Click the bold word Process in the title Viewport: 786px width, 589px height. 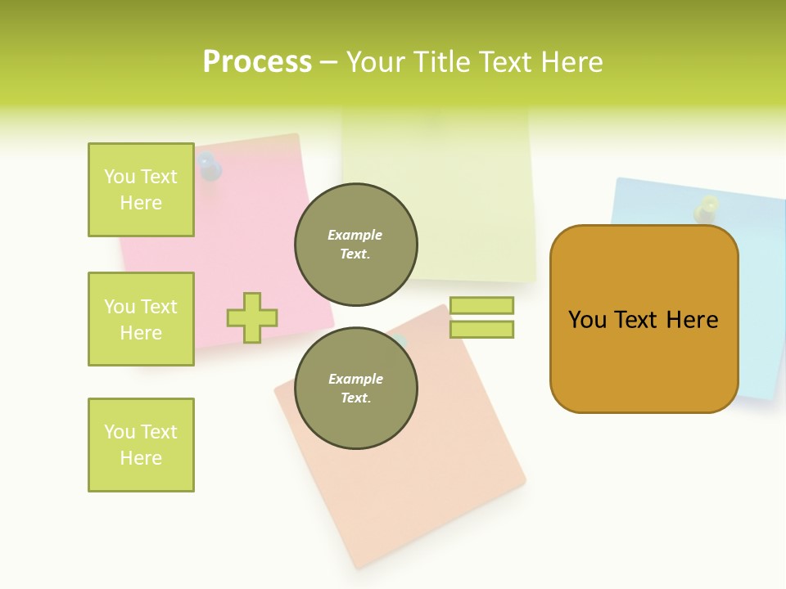click(257, 62)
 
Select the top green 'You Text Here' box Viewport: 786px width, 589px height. click(141, 190)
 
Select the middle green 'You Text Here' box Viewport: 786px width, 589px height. click(141, 319)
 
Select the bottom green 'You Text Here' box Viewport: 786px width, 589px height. click(141, 445)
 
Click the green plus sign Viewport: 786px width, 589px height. click(252, 317)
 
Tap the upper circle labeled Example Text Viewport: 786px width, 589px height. click(355, 245)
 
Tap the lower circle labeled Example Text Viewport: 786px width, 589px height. click(355, 389)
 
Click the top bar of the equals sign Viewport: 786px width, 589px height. click(481, 305)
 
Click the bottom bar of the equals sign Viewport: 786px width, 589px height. click(481, 330)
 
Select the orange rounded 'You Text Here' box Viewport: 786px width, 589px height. click(644, 319)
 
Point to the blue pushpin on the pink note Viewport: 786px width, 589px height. click(210, 168)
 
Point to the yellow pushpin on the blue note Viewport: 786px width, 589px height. click(707, 208)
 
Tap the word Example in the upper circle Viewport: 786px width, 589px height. click(355, 235)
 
